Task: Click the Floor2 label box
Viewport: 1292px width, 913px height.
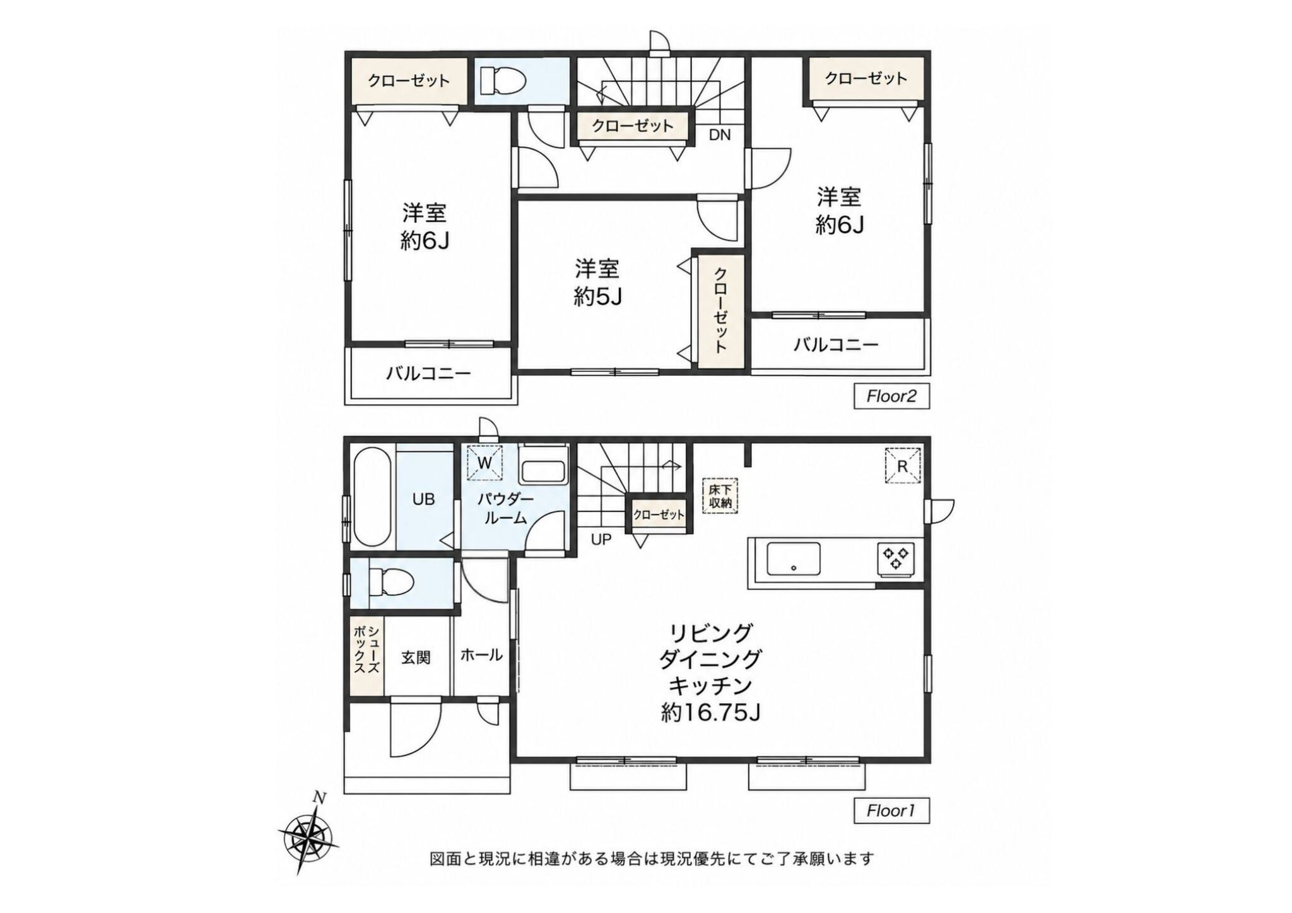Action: pyautogui.click(x=891, y=397)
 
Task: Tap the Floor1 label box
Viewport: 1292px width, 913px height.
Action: pyautogui.click(x=891, y=810)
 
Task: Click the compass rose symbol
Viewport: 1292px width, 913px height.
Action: pyautogui.click(x=308, y=836)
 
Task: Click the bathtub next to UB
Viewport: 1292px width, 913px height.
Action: pyautogui.click(x=373, y=497)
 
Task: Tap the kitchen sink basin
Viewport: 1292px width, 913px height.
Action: pyautogui.click(x=794, y=559)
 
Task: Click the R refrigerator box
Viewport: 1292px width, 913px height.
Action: pyautogui.click(x=903, y=466)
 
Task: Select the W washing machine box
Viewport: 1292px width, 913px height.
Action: pyautogui.click(x=484, y=463)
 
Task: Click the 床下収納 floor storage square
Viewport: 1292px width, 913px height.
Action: pyautogui.click(x=720, y=496)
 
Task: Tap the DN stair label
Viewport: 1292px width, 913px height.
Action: pyautogui.click(x=720, y=134)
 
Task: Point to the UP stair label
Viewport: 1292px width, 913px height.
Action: pyautogui.click(x=601, y=540)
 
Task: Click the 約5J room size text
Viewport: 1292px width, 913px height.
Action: pyautogui.click(x=598, y=296)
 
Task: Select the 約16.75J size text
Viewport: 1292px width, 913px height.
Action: pyautogui.click(x=710, y=712)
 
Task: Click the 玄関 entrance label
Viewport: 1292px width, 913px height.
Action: pyautogui.click(x=416, y=657)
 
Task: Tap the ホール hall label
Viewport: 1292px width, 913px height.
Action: pyautogui.click(x=481, y=655)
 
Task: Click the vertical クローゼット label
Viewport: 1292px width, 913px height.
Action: pyautogui.click(x=720, y=310)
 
